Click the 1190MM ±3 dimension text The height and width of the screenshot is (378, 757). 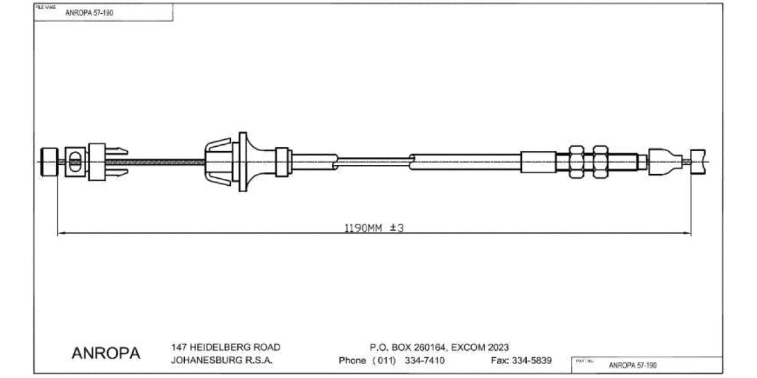[x=373, y=228]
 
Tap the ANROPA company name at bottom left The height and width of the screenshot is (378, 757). [x=106, y=353]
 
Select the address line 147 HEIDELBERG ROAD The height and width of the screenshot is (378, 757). [x=225, y=347]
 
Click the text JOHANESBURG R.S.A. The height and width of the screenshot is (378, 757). [x=221, y=361]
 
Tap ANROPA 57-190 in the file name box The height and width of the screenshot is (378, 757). [x=90, y=13]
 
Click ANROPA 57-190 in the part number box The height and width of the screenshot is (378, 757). [x=633, y=365]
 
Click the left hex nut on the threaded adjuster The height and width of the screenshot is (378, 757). [x=577, y=162]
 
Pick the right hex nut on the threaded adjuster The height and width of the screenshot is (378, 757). [x=600, y=162]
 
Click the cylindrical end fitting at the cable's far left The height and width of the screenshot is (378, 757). [x=49, y=162]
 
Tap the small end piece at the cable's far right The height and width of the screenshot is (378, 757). [x=698, y=162]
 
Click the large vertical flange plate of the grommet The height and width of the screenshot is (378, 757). [x=242, y=162]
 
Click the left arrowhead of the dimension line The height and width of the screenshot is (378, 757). [x=61, y=234]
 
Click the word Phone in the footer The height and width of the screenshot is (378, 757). [x=352, y=361]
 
